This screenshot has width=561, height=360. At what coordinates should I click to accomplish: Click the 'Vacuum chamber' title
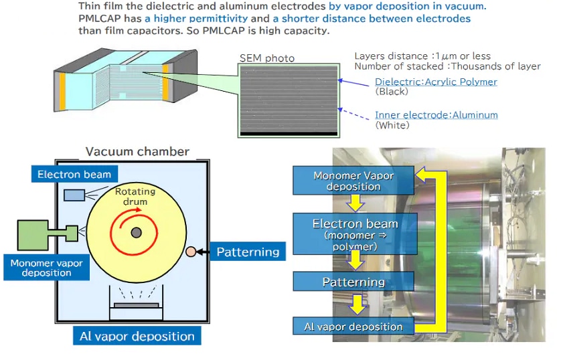(x=137, y=151)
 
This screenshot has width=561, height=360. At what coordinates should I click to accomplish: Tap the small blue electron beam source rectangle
(x=74, y=195)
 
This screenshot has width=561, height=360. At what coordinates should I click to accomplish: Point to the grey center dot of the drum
(x=136, y=232)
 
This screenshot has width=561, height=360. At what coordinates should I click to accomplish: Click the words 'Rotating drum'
(x=136, y=196)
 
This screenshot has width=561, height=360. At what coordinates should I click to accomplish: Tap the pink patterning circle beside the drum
(x=191, y=252)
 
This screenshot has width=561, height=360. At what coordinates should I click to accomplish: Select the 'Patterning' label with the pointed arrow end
(x=245, y=252)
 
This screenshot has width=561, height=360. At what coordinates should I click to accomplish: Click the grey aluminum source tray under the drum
(x=137, y=305)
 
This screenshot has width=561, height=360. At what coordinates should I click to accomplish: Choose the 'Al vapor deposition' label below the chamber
(x=137, y=336)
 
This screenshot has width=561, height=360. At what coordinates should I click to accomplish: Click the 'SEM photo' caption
(x=266, y=58)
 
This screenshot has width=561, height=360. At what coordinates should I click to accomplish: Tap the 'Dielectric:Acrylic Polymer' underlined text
(x=436, y=82)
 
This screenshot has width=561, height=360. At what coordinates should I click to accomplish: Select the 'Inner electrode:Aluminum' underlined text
(x=436, y=115)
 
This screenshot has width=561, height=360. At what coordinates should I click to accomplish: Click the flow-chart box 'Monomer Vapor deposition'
(x=353, y=181)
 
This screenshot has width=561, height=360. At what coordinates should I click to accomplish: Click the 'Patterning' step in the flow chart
(x=353, y=282)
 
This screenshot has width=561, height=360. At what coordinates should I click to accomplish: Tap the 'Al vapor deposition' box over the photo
(x=353, y=327)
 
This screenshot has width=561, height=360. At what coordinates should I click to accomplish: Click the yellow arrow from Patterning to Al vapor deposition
(x=359, y=304)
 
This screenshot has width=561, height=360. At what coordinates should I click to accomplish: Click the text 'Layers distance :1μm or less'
(x=422, y=56)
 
